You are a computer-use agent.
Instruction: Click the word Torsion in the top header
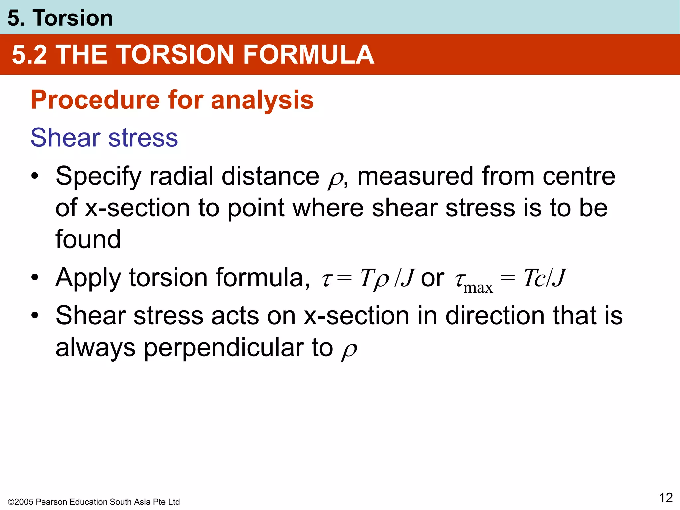click(72, 18)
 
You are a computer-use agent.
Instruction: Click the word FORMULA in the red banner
click(308, 55)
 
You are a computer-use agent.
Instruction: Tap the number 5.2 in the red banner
click(30, 55)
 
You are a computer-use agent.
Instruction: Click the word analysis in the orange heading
click(262, 100)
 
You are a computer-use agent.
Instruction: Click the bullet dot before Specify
click(35, 176)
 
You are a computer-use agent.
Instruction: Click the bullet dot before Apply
click(35, 278)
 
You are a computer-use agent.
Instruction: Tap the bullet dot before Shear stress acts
click(35, 316)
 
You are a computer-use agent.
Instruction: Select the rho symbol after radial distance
click(335, 179)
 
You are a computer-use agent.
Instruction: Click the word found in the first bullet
click(88, 239)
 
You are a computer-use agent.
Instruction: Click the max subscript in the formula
click(478, 288)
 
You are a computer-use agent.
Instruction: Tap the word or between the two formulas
click(432, 278)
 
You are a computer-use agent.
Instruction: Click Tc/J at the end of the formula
click(545, 278)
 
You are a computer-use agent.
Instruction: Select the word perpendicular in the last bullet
click(224, 348)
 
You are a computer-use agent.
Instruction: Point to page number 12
click(666, 498)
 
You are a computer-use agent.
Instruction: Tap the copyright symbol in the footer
click(11, 502)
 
